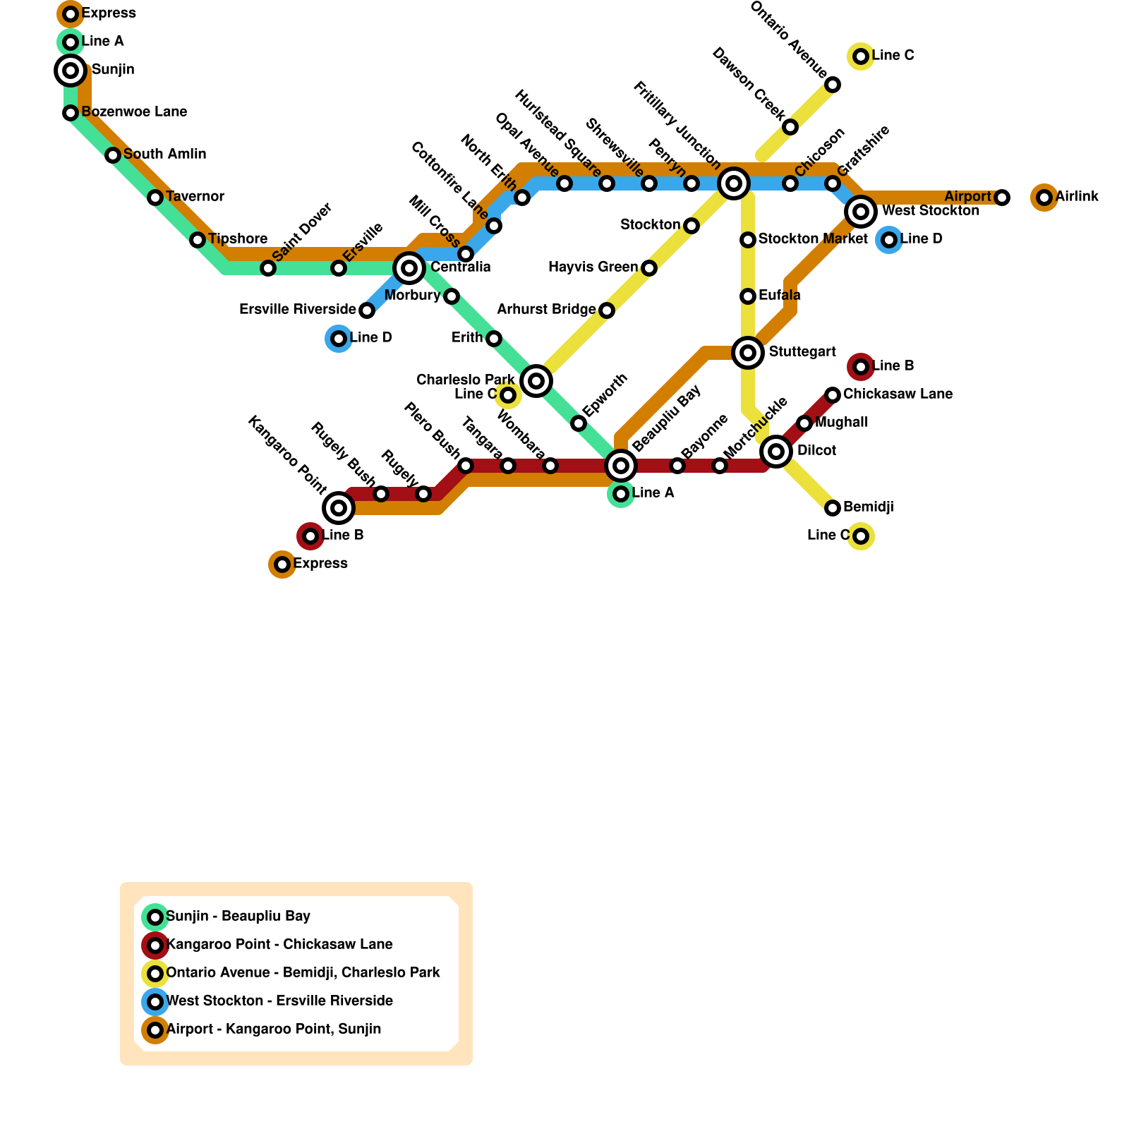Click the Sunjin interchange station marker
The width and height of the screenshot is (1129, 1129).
pyautogui.click(x=71, y=71)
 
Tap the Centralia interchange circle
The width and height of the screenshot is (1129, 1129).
pyautogui.click(x=409, y=268)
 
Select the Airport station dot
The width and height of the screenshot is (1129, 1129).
pyautogui.click(x=1002, y=198)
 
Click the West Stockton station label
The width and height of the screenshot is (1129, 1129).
pyautogui.click(x=930, y=211)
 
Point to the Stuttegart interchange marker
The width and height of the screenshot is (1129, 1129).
pyautogui.click(x=748, y=353)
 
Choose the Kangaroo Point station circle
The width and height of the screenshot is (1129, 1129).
pyautogui.click(x=339, y=508)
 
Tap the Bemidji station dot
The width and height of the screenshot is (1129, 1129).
pyautogui.click(x=833, y=508)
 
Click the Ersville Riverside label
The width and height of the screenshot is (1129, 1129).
pyautogui.click(x=297, y=310)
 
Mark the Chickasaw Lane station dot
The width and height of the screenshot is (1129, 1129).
pyautogui.click(x=833, y=395)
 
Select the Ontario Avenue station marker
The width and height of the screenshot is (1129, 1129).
pyautogui.click(x=833, y=85)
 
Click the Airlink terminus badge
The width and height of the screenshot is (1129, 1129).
pyautogui.click(x=1044, y=198)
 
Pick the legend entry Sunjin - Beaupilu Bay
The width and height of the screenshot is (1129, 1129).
pyautogui.click(x=238, y=917)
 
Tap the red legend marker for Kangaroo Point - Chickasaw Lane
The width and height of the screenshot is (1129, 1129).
pyautogui.click(x=155, y=946)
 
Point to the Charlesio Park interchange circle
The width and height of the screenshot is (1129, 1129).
pyautogui.click(x=536, y=381)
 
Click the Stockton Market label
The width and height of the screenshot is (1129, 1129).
pyautogui.click(x=812, y=239)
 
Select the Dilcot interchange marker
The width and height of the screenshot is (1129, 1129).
pyautogui.click(x=776, y=452)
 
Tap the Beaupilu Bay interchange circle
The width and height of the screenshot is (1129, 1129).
pyautogui.click(x=621, y=466)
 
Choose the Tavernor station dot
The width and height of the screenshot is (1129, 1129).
pyautogui.click(x=155, y=198)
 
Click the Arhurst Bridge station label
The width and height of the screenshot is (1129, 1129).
pyautogui.click(x=546, y=310)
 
